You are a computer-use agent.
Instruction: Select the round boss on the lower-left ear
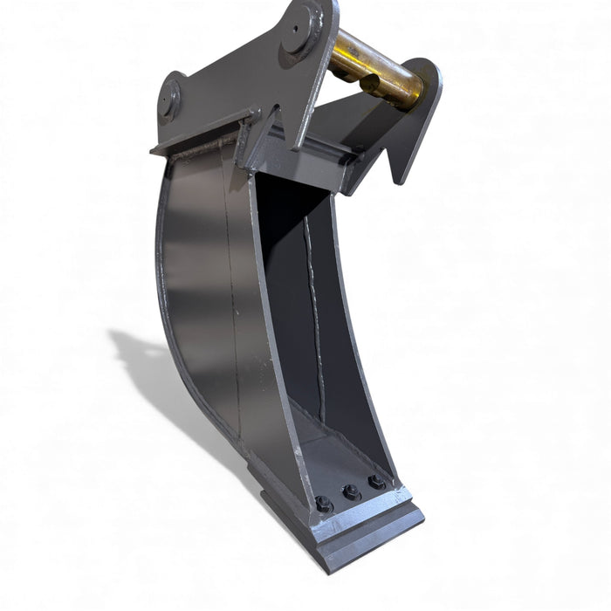(x=168, y=99)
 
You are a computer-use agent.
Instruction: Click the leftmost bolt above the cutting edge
(x=322, y=504)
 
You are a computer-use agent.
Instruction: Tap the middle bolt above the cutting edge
(x=351, y=492)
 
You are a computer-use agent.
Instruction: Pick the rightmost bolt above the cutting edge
(x=376, y=482)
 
